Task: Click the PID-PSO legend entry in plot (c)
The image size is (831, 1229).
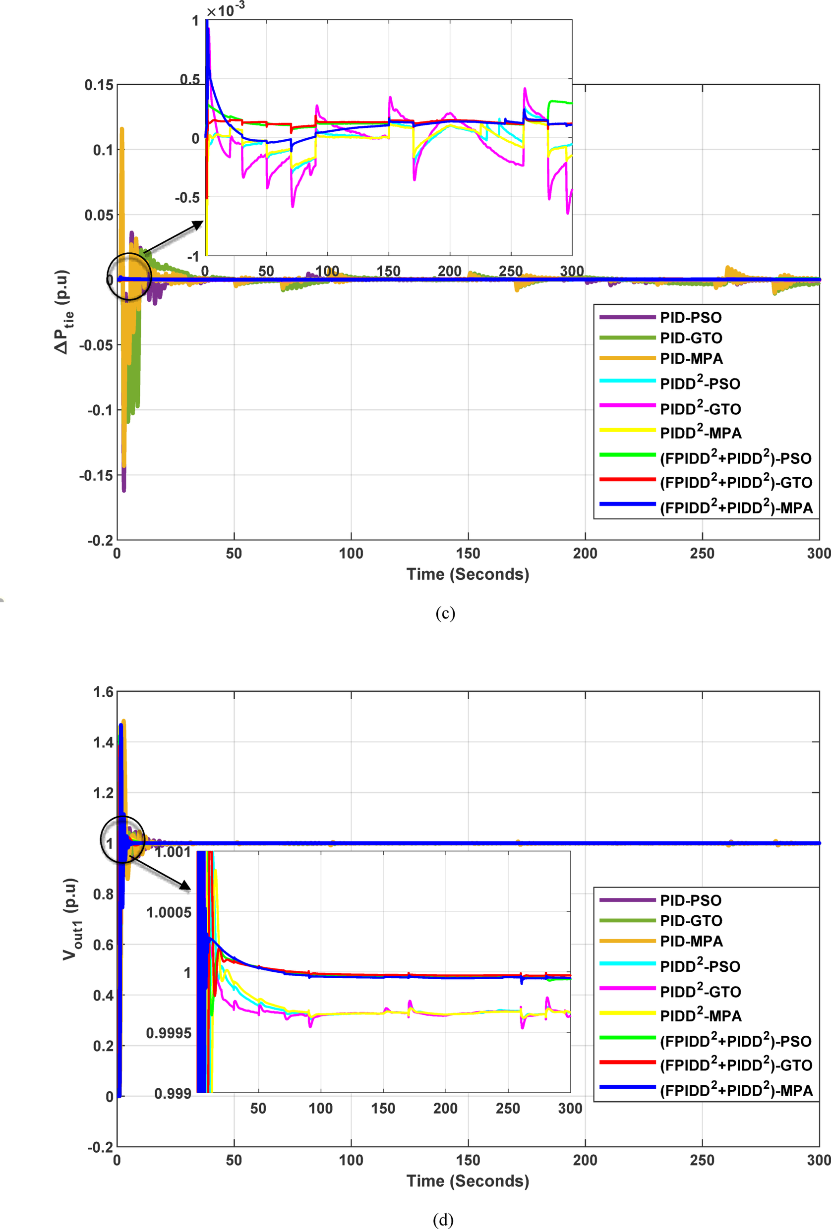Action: [690, 317]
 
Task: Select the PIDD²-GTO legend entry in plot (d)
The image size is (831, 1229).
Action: [700, 991]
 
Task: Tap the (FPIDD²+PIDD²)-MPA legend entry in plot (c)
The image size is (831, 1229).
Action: [736, 507]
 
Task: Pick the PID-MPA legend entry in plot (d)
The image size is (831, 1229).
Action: [691, 941]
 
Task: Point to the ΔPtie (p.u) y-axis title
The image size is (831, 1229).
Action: [63, 312]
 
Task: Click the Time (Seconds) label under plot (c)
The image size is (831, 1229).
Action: [468, 574]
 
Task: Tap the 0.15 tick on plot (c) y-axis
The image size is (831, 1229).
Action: [99, 85]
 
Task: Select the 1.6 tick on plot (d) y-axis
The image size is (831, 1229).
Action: [103, 692]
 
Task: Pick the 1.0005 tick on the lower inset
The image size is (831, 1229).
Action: [169, 912]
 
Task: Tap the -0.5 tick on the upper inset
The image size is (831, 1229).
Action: [187, 198]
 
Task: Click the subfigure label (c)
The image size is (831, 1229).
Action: [445, 613]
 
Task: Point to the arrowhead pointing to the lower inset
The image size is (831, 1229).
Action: [184, 885]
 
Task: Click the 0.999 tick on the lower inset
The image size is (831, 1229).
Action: [173, 1093]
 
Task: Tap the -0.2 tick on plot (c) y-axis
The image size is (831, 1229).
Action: [100, 541]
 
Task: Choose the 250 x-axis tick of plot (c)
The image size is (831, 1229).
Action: [702, 554]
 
